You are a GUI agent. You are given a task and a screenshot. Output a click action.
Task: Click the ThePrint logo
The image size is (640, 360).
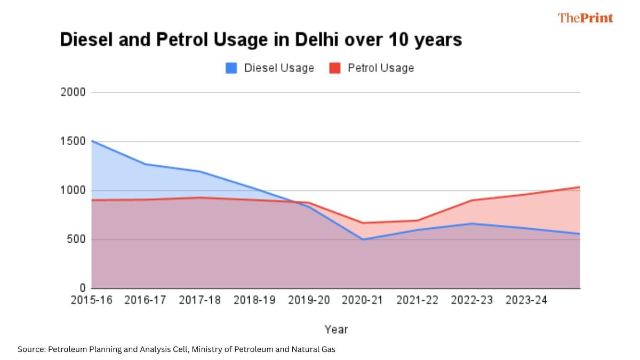[585, 18]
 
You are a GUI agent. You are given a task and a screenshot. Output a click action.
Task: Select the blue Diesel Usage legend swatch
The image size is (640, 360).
[231, 68]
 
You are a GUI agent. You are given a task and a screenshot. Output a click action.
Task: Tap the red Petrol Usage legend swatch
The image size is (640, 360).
[335, 68]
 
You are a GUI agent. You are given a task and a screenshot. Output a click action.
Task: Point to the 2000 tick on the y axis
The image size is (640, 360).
[74, 92]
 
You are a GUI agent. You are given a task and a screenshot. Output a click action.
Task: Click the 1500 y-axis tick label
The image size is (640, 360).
[74, 141]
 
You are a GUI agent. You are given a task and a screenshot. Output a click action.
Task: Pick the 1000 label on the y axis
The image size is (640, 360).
[74, 190]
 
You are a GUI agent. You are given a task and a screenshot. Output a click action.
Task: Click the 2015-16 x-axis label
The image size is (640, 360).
[92, 300]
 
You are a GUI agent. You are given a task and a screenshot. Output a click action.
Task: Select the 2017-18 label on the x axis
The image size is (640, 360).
[200, 300]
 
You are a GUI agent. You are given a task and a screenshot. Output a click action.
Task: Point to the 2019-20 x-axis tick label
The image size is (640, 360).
[309, 300]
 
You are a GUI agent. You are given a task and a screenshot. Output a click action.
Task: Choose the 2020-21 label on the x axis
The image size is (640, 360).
[363, 300]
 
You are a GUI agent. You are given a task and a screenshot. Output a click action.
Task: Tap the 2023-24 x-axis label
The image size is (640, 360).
[526, 300]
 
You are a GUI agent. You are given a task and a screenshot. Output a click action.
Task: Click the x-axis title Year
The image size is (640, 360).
[336, 330]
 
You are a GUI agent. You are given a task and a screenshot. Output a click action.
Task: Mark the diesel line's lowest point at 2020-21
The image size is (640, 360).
[363, 239]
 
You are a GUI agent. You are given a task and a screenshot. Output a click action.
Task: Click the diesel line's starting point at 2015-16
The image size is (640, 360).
[92, 141]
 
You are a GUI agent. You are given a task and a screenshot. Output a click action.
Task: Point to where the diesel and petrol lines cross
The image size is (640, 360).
[300, 202]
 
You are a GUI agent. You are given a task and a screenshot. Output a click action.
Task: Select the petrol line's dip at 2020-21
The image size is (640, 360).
[363, 223]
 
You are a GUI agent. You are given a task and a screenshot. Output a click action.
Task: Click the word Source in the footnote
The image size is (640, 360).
[31, 349]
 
